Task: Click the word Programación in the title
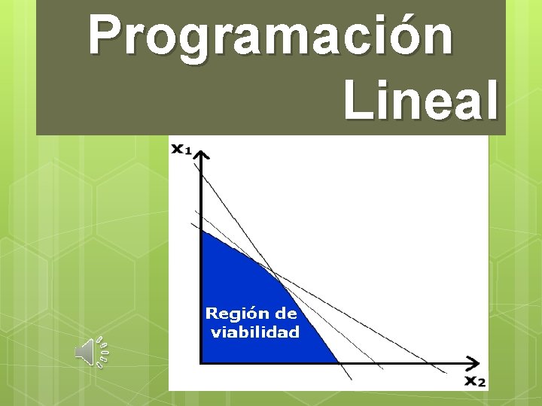tap(271, 35)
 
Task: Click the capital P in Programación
tap(105, 35)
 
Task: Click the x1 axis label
tap(181, 149)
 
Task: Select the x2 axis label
tap(474, 380)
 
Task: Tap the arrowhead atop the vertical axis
tap(201, 156)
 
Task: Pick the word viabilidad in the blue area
tap(254, 332)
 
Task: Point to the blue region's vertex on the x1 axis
tap(201, 230)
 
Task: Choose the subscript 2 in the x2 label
tap(482, 383)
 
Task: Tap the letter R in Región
tap(212, 313)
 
